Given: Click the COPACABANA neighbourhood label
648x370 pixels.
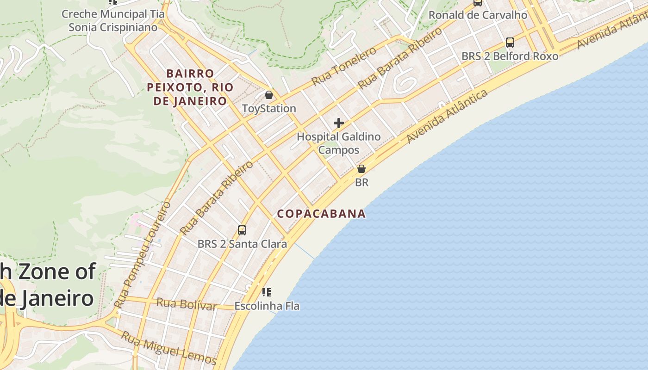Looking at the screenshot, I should click(322, 214).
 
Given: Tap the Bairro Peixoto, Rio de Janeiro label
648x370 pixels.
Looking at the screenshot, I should click(190, 87).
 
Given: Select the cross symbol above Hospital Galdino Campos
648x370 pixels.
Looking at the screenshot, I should click(339, 123).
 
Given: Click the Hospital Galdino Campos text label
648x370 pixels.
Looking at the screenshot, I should click(339, 143).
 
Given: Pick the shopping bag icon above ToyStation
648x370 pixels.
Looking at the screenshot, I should click(268, 95).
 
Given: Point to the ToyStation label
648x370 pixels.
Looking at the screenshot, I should click(269, 109).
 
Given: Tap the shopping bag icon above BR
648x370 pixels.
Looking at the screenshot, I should click(361, 169).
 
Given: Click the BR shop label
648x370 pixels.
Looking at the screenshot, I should click(361, 183).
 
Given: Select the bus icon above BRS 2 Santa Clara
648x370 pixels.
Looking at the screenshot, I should click(242, 230).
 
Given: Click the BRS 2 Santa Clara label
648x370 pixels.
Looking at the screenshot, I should click(242, 244).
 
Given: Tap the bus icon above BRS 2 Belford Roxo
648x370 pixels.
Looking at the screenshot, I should click(510, 43).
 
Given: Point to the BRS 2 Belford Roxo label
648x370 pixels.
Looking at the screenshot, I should click(510, 56).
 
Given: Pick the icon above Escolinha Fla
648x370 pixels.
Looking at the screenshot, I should click(266, 292).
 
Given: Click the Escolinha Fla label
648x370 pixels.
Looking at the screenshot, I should click(267, 306).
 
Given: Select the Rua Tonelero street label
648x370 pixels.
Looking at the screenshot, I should click(343, 66).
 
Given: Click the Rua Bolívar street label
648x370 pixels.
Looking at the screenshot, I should click(186, 304).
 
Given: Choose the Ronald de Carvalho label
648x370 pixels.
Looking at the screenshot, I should click(478, 15).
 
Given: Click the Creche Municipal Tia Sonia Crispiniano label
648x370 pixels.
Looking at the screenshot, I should click(113, 20).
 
